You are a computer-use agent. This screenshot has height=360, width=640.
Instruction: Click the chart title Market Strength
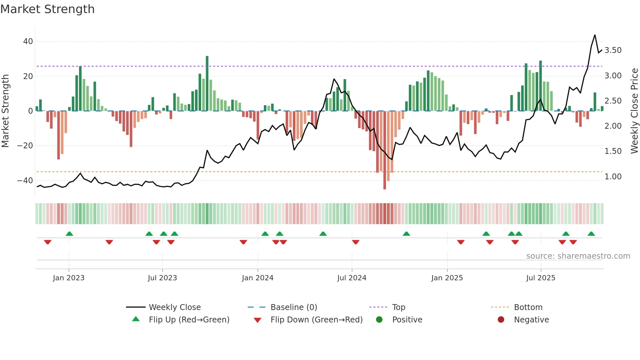pos(47,9)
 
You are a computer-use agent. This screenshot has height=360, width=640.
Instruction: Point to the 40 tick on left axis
pos(28,41)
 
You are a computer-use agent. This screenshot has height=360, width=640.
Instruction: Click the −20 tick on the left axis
pos(25,146)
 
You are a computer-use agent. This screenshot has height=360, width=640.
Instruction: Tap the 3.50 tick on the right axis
pos(613,50)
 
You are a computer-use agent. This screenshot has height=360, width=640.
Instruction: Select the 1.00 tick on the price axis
pos(613,177)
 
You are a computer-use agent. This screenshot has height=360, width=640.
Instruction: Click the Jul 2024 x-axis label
pos(352,278)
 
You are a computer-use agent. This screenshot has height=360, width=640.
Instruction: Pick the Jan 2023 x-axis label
pos(69,278)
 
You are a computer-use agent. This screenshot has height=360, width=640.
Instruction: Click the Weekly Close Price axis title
pos(634,111)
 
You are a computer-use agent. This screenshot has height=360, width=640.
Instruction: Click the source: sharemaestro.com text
pos(578,256)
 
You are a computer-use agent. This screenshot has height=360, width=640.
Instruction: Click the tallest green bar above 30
pos(207,83)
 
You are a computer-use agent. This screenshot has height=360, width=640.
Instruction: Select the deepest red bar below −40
pos(385,150)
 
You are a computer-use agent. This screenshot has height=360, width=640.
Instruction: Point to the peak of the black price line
pos(595,35)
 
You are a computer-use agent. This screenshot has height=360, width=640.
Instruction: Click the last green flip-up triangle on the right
pos(591,234)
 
